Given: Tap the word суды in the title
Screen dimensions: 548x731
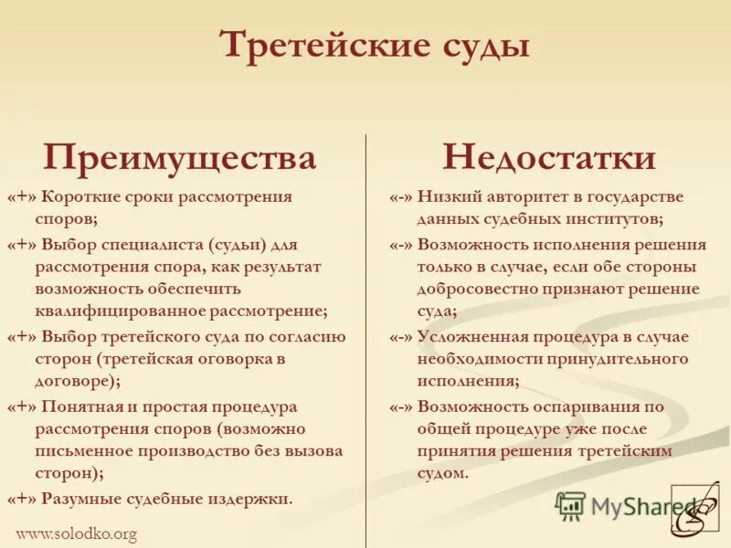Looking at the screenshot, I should click(x=484, y=46).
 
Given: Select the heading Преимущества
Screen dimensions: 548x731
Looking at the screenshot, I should click(x=179, y=158).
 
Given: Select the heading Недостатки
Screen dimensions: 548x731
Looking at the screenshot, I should click(x=549, y=158).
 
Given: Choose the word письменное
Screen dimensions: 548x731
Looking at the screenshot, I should click(x=85, y=450).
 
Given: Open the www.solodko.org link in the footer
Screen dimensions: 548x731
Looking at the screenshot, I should click(x=77, y=534).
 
